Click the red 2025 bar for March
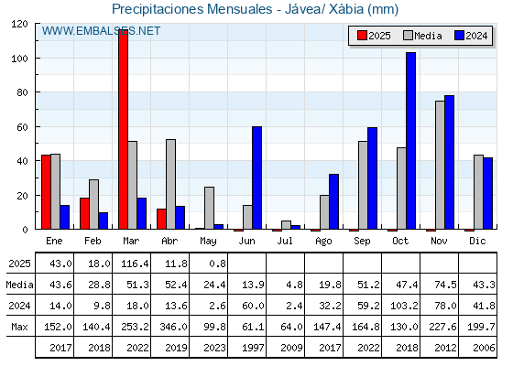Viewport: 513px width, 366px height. [124, 129]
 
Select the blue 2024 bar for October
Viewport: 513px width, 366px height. [411, 141]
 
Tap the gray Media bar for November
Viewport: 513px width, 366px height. [440, 165]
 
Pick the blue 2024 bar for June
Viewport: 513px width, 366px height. [256, 178]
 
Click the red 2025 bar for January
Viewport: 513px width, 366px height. [46, 192]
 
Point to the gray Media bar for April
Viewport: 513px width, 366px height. [170, 184]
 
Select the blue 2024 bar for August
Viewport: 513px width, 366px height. [334, 201]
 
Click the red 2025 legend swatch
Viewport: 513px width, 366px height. [362, 36]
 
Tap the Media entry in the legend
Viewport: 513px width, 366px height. [422, 36]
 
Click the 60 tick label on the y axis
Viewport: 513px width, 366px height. [22, 127]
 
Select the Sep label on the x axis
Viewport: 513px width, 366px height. [362, 241]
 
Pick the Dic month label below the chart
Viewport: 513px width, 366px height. [477, 241]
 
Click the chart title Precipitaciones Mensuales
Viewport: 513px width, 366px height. [191, 9]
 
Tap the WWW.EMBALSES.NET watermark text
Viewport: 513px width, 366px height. [101, 31]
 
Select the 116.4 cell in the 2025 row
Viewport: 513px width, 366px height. [135, 264]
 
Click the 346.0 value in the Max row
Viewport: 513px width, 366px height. [173, 327]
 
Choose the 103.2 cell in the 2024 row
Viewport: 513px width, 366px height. [404, 306]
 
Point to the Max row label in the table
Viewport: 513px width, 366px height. [19, 327]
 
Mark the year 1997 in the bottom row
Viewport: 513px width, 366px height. [253, 348]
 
